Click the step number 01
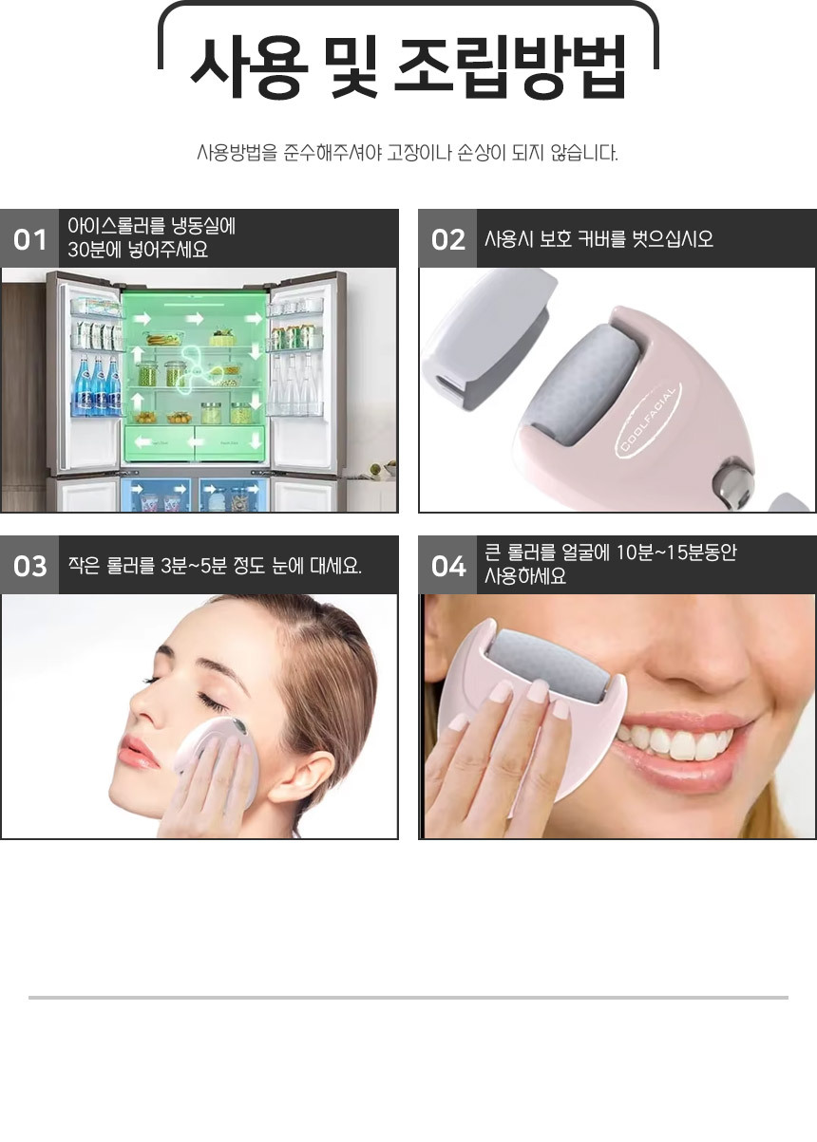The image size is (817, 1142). (x=29, y=239)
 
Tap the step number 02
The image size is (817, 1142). (x=448, y=239)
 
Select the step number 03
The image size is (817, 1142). (x=30, y=566)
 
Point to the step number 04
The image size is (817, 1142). (x=448, y=566)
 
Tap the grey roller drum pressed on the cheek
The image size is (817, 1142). (x=547, y=662)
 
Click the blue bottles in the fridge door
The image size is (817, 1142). (x=98, y=385)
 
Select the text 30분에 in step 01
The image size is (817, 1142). (x=93, y=251)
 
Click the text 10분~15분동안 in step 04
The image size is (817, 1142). (x=676, y=553)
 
